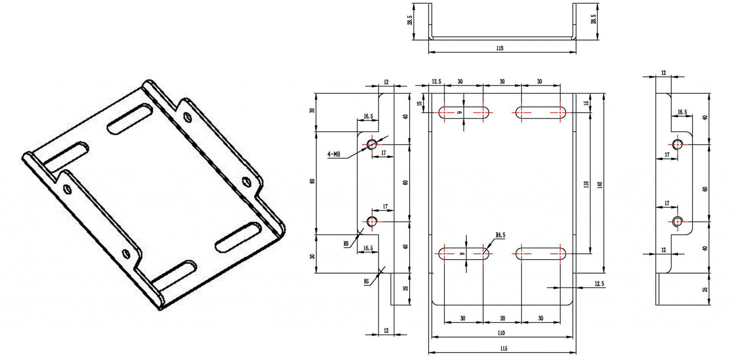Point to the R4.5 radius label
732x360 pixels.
point(500,235)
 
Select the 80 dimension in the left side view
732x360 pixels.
point(312,182)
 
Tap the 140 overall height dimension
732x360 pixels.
point(599,184)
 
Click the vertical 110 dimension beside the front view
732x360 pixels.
point(586,184)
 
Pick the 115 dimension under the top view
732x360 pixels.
point(500,48)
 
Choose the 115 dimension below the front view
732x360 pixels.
point(503,348)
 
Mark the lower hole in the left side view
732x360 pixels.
point(372,222)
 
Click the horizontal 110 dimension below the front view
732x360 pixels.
point(501,333)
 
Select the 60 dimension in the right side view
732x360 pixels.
point(705,189)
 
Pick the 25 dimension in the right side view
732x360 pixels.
point(705,289)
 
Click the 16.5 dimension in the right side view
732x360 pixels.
point(682,112)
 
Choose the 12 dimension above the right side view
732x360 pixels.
point(663,73)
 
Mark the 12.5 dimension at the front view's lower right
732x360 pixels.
point(599,283)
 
